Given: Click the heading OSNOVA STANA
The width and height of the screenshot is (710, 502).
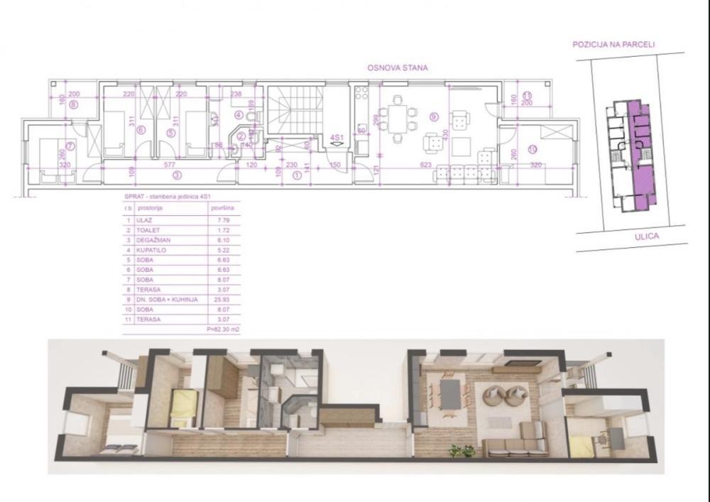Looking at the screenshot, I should [x=397, y=68].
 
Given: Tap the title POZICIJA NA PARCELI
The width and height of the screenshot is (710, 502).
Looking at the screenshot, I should [x=613, y=44].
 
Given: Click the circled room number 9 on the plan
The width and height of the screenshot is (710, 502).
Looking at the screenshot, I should [x=434, y=115].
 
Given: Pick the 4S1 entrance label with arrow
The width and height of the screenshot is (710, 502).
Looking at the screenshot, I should [x=337, y=139].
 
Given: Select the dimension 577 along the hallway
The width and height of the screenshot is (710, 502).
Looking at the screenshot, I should [x=170, y=163].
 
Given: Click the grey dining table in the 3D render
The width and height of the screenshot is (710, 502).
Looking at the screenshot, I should [x=449, y=394].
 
